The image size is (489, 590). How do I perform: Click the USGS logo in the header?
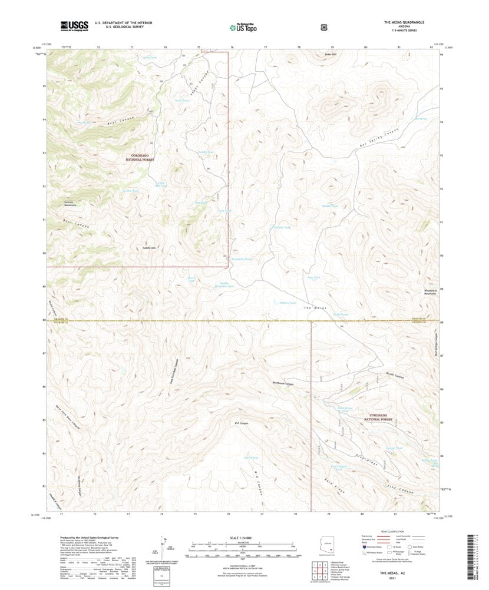(73, 25)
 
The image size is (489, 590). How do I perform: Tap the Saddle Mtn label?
(149, 248)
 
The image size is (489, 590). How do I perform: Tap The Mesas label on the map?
(315, 308)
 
